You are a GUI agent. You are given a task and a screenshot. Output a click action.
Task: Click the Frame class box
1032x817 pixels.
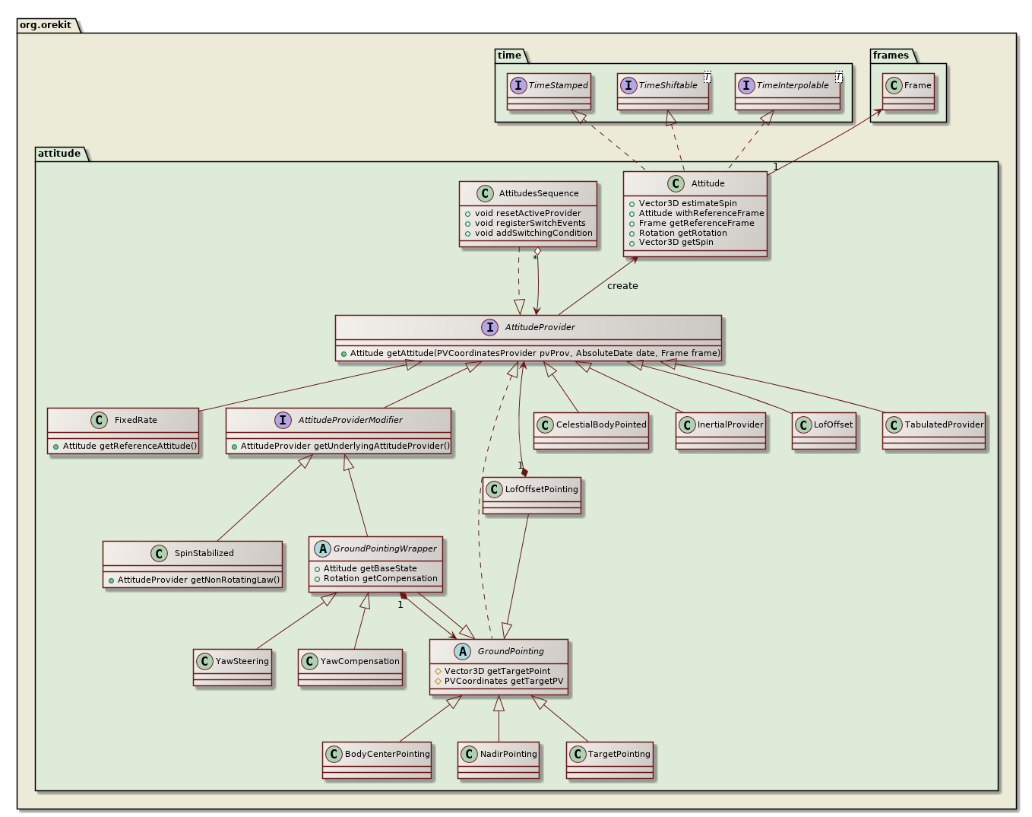click(x=908, y=91)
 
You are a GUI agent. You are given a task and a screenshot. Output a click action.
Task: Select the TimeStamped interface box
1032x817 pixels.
click(x=549, y=91)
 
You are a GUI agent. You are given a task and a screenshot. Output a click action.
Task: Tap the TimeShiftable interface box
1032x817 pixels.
click(x=663, y=91)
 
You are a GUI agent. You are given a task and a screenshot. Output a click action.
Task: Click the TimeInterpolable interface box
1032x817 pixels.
click(x=787, y=91)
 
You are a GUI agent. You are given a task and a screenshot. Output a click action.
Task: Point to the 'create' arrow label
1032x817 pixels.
click(x=622, y=286)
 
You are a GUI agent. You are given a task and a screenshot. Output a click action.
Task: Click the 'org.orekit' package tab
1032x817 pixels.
click(x=46, y=25)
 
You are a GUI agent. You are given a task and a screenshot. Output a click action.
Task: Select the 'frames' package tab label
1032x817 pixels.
click(x=891, y=56)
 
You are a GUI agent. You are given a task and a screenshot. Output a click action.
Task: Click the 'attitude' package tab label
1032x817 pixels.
click(x=59, y=154)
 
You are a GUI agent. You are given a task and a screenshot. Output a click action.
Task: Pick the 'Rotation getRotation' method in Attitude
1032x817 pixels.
click(x=682, y=233)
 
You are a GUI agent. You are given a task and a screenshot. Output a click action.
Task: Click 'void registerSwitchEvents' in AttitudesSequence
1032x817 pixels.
click(x=530, y=223)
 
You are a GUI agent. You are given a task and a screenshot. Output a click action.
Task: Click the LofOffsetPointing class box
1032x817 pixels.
click(x=532, y=495)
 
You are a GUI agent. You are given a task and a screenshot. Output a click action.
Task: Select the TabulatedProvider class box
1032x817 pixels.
click(x=934, y=431)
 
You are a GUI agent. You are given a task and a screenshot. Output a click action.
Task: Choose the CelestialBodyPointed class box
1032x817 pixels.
click(x=592, y=431)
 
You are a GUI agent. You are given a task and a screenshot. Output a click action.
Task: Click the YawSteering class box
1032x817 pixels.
click(x=233, y=667)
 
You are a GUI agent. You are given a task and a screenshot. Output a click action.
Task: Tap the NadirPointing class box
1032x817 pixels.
click(x=499, y=760)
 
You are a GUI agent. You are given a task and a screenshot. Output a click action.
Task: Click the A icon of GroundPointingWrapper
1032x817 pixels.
click(x=322, y=548)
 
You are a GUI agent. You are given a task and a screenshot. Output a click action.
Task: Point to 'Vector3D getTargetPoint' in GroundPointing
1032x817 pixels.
click(x=497, y=671)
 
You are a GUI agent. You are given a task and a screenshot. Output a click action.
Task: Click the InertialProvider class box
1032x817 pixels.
click(x=720, y=431)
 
